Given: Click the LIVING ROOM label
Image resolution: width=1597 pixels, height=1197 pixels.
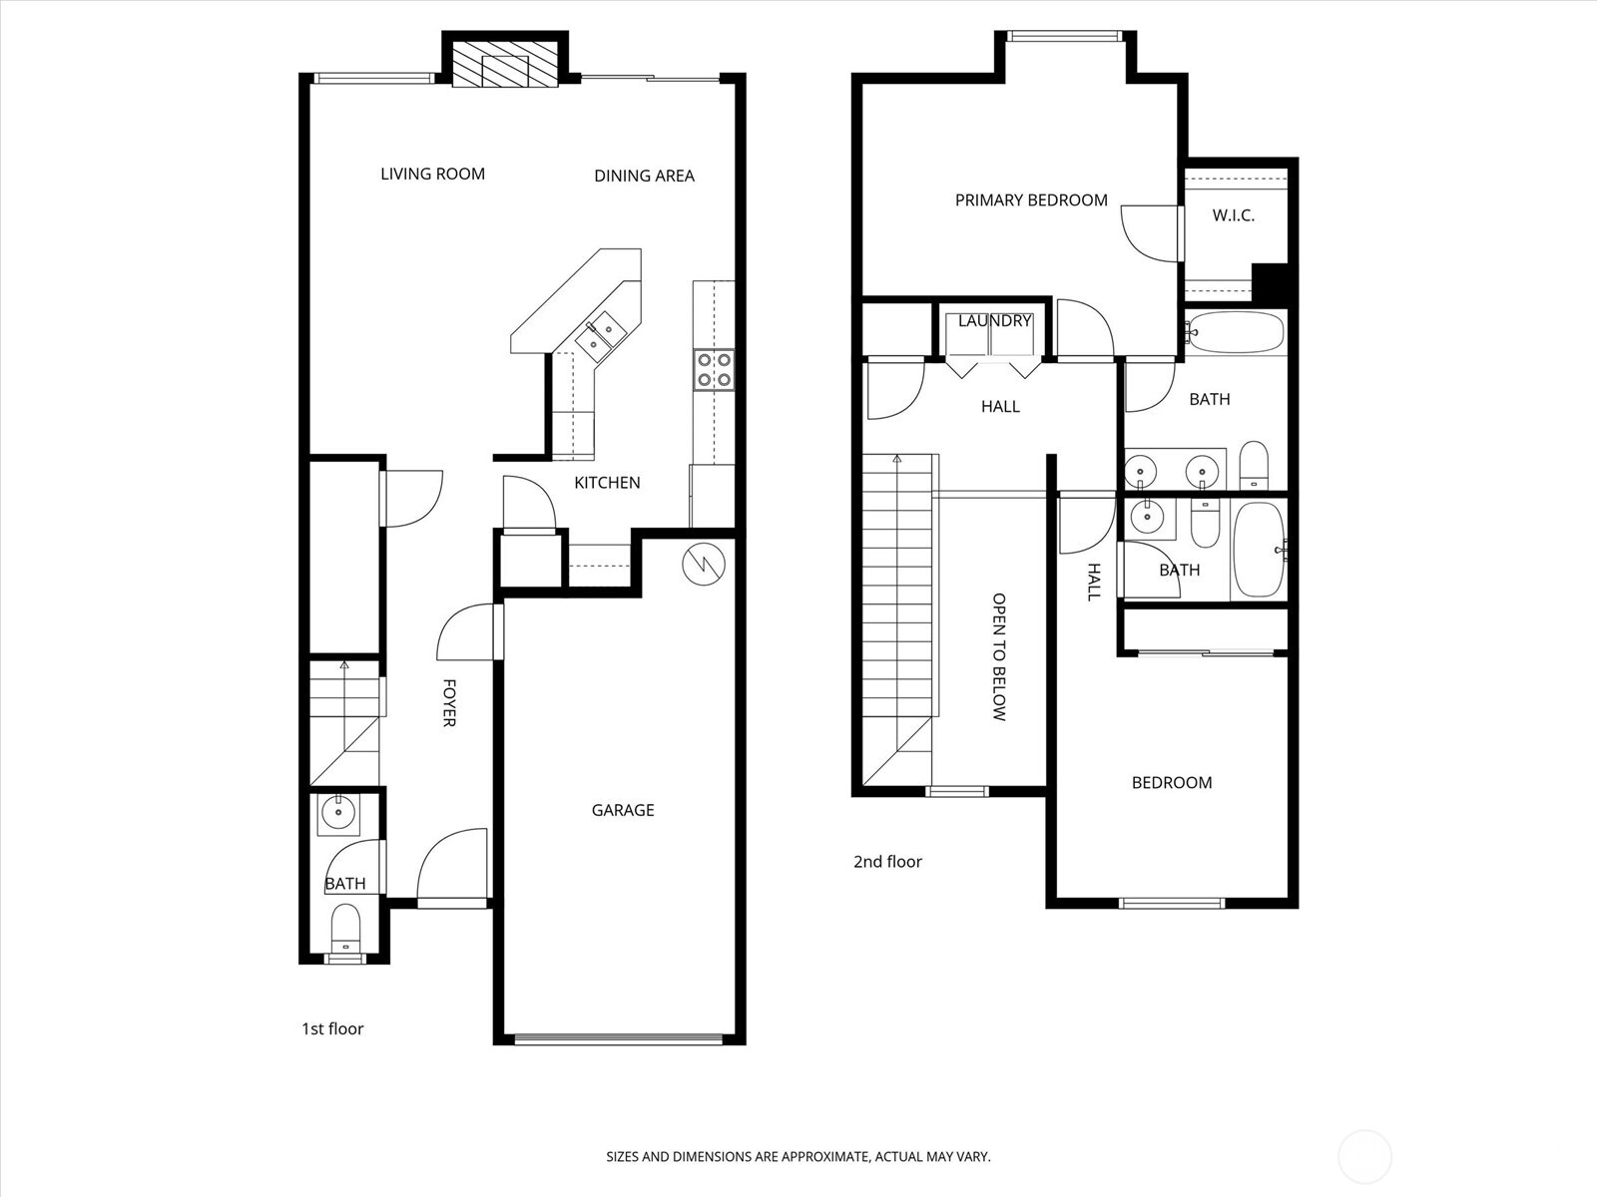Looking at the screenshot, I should tap(432, 174).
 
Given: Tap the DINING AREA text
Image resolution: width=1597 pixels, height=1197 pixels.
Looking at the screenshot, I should tap(644, 176).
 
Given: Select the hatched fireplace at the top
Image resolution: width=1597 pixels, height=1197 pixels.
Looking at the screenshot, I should tap(505, 66).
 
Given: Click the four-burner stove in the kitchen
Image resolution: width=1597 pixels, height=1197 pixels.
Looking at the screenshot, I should tap(714, 369).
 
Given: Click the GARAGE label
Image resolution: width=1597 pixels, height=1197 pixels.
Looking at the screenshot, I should tap(623, 810).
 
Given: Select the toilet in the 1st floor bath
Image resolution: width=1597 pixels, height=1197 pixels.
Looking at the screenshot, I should tap(345, 928).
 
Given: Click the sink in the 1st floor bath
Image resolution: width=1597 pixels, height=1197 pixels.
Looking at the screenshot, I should tap(339, 813).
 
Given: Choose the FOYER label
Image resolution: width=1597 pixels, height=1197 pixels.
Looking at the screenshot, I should tap(449, 703).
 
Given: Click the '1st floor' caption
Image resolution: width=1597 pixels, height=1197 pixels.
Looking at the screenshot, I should tap(332, 1028).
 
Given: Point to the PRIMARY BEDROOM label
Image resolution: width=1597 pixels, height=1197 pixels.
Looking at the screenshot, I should tap(1031, 200).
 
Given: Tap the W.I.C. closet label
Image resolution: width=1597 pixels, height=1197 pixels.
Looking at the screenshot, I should tap(1234, 215).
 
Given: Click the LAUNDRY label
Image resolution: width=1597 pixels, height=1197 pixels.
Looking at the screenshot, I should tap(994, 321).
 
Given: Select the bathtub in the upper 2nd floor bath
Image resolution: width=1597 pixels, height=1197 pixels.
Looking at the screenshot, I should tap(1236, 332).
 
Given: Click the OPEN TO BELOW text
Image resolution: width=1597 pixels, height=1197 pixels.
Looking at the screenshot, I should tap(999, 657).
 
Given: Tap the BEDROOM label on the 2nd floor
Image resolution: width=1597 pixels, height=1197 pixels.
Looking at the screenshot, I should tap(1172, 783).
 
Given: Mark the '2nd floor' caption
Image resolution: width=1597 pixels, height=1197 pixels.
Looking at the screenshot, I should tap(887, 862).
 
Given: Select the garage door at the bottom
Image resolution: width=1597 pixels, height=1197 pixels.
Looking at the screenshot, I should tap(619, 1038).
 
